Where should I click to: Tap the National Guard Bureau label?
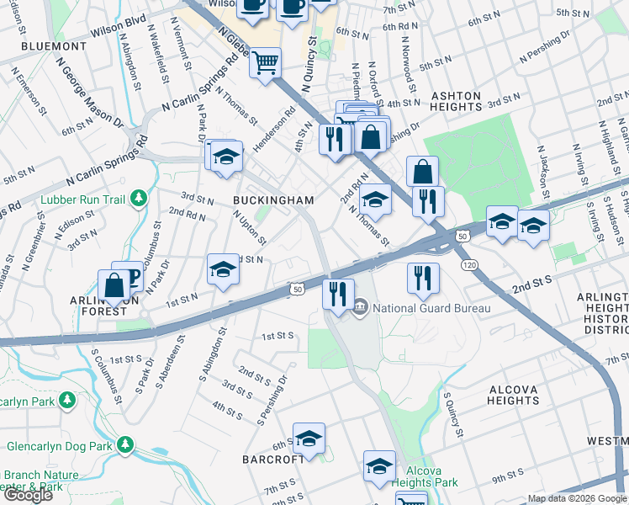click(431, 307)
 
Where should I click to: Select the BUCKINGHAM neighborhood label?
click(274, 200)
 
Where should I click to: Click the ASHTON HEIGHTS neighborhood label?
click(455, 101)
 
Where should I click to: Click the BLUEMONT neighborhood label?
click(54, 46)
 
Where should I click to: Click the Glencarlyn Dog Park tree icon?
click(125, 444)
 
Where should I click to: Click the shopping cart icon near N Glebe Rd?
click(266, 61)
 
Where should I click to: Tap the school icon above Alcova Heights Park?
click(379, 466)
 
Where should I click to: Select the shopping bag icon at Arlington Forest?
click(113, 284)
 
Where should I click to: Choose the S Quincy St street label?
click(454, 414)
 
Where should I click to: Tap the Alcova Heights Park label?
click(431, 476)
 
